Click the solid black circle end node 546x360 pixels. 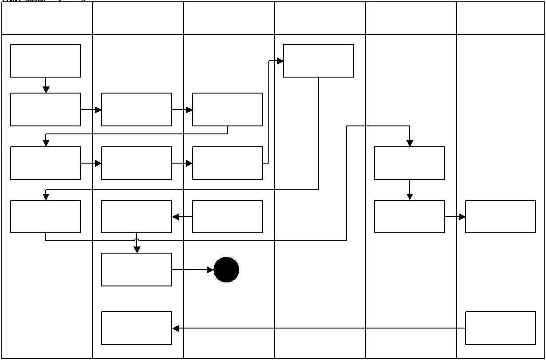pos(226,270)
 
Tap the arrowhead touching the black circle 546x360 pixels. pos(210,270)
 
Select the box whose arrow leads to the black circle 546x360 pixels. pos(137,270)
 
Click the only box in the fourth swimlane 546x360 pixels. pos(318,61)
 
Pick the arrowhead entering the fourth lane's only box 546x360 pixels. pos(280,61)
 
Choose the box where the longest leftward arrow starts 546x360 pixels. pos(500,328)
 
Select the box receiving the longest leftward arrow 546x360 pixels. pos(137,328)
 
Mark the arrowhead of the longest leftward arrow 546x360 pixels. pos(176,329)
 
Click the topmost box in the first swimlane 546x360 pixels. pos(46,61)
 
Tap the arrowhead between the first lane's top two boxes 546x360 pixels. pos(46,90)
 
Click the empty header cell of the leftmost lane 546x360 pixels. pos(47,19)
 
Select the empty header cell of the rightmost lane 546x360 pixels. pos(500,19)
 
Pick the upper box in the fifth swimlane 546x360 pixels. pos(409,163)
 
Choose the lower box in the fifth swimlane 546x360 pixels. pos(409,216)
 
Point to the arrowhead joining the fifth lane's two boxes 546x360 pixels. pos(409,197)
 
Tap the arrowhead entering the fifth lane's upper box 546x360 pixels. pos(409,143)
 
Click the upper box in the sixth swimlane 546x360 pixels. pos(500,216)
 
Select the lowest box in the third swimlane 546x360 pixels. pos(228,216)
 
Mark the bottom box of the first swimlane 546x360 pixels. pos(46,216)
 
